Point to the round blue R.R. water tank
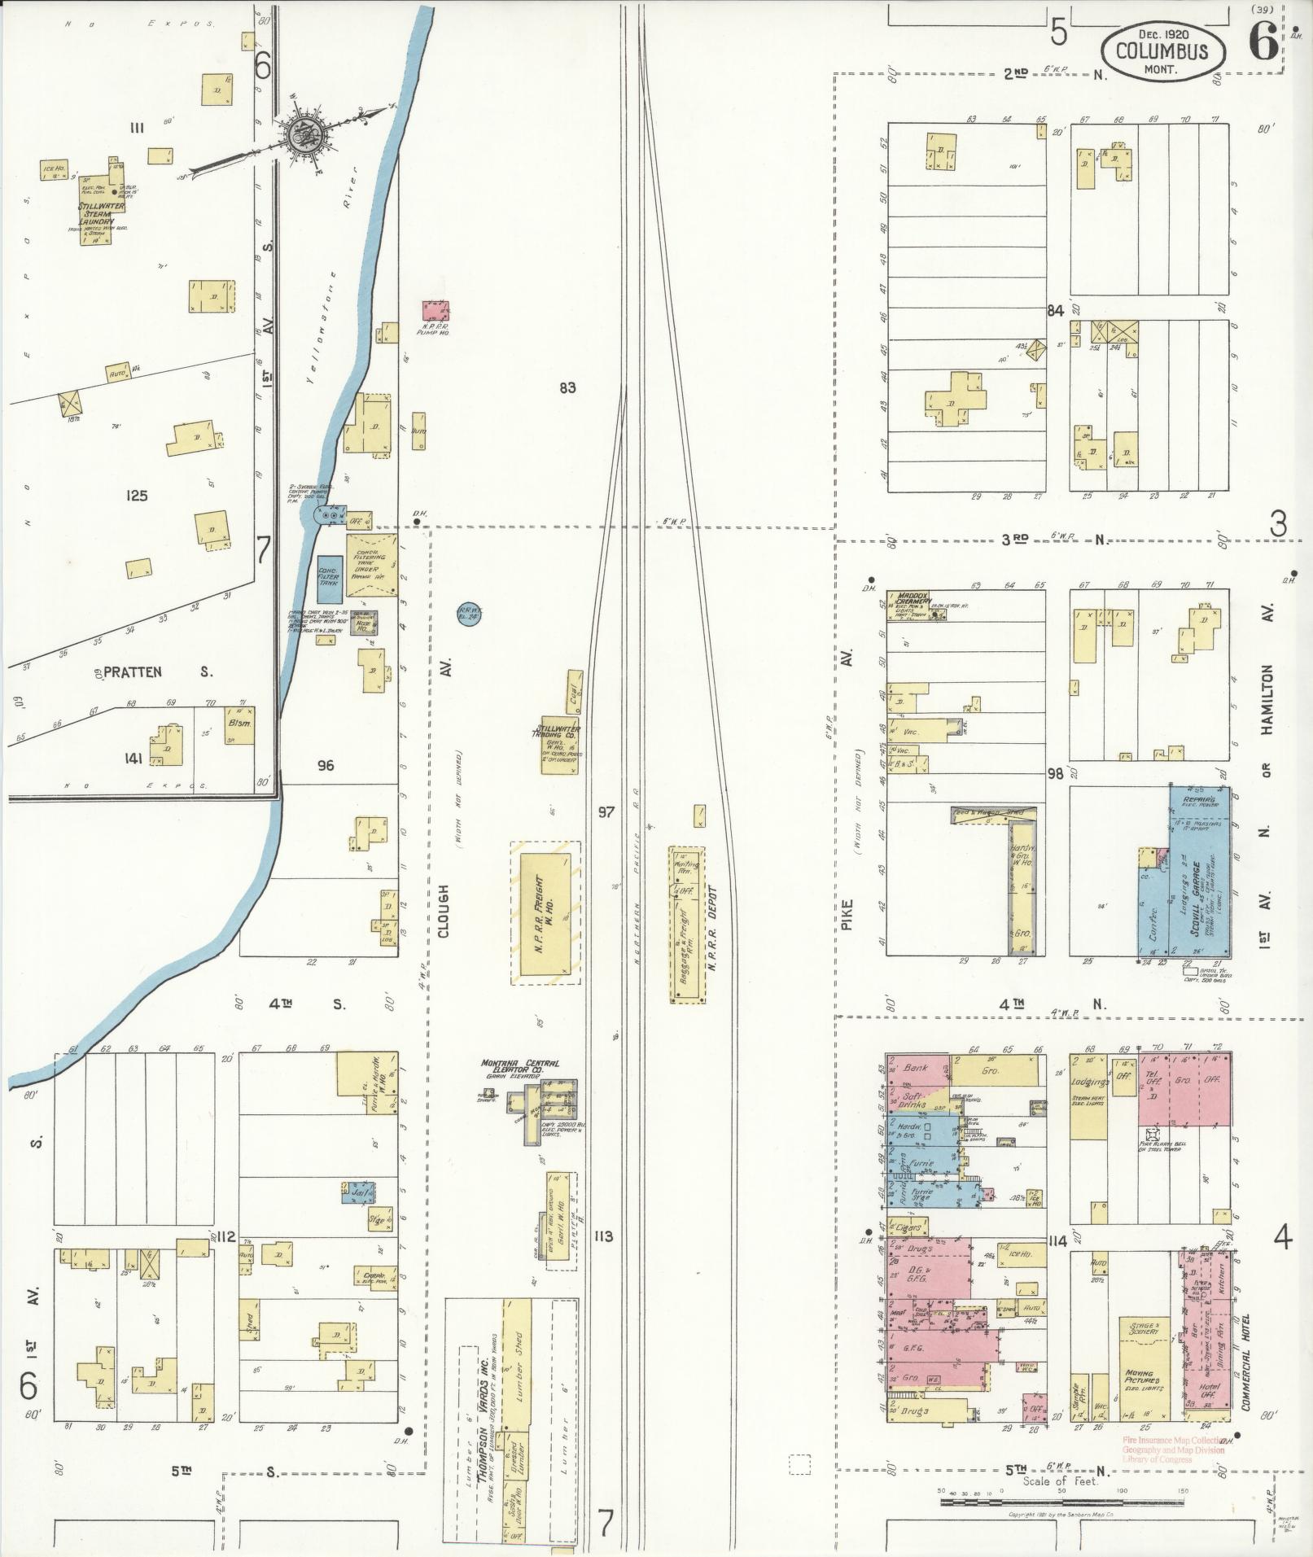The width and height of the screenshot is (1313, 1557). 468,612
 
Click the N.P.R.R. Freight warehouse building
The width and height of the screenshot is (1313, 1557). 545,912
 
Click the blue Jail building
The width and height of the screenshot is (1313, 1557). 357,1193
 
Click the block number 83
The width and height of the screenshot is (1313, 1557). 567,387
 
